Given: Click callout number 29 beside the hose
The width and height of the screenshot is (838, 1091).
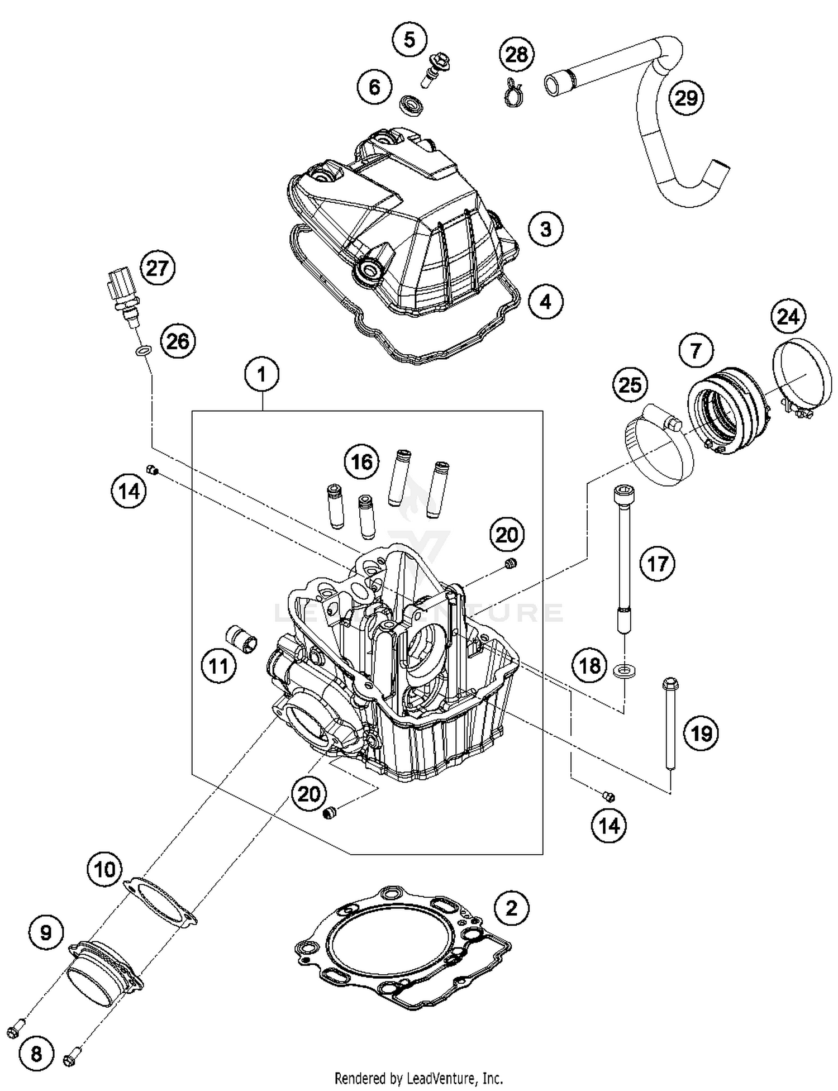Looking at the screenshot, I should coord(686,98).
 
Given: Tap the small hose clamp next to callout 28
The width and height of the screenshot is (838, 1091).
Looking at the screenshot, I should coord(513,93).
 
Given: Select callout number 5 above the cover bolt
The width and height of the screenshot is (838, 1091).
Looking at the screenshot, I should coord(410,40).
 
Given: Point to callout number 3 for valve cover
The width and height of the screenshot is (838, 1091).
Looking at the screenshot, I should coord(545,229).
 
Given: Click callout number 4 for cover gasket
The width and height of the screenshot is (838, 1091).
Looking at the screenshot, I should coord(545,302).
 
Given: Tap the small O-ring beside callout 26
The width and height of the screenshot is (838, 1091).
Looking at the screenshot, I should coord(143,351).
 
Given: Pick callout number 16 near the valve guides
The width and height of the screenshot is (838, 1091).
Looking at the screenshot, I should coord(361,461).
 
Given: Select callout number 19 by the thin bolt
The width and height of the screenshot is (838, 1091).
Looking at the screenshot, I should coord(701,732).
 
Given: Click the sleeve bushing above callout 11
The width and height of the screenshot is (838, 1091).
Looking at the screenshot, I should coord(241,637).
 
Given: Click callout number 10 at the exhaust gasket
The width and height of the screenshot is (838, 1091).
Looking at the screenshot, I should coord(104,869).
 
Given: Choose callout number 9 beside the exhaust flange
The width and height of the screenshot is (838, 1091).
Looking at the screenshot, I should coord(46,932).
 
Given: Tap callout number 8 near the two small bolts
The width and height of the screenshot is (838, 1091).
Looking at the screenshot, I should coord(36,1054).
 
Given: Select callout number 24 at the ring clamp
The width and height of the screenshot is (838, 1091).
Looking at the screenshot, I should coord(788,317).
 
